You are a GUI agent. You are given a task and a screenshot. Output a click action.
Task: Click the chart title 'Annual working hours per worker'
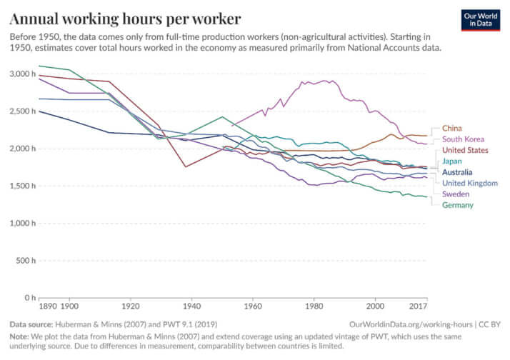pos(125,17)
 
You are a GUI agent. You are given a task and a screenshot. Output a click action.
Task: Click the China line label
pos(452,128)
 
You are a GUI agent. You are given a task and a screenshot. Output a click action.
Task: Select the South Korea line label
pos(464,139)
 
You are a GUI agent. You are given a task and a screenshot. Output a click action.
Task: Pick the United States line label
pos(466,150)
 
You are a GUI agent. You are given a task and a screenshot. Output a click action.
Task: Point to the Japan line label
pos(453,161)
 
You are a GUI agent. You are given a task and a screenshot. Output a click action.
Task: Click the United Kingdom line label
pos(470,183)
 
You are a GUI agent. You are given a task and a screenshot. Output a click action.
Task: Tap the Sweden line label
pos(456,194)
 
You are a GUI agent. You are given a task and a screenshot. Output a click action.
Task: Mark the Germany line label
pos(459,205)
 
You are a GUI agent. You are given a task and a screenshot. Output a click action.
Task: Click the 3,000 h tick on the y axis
pos(21,74)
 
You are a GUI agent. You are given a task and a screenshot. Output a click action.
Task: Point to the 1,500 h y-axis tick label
pos(21,186)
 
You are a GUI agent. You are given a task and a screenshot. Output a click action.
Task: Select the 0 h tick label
pos(26,297)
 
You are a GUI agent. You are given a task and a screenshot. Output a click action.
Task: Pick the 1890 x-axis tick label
pos(48,306)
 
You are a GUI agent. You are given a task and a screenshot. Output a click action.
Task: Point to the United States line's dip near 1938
pos(185,166)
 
